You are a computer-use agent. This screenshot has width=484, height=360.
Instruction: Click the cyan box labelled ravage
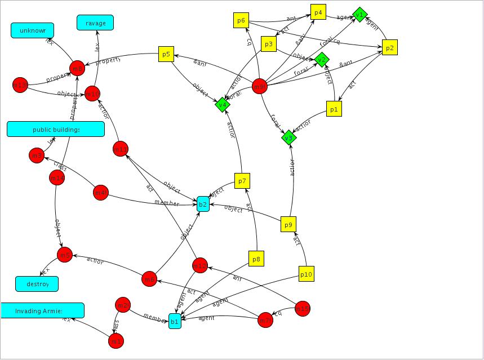[x=95, y=23]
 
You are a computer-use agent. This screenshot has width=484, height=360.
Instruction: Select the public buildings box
[x=56, y=129]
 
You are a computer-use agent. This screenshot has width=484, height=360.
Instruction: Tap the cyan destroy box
[x=37, y=284]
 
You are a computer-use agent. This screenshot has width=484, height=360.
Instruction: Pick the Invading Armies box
[x=42, y=310]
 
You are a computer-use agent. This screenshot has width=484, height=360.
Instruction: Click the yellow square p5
[x=166, y=54]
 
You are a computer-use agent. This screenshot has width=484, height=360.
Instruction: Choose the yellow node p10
[x=306, y=274]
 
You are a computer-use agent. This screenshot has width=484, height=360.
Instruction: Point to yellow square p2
[x=389, y=48]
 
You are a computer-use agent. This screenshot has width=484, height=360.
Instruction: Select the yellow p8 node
[x=256, y=259]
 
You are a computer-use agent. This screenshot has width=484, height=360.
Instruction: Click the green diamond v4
[x=223, y=104]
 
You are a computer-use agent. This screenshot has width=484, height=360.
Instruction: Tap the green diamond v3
[x=288, y=137]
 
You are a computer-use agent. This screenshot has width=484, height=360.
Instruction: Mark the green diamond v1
[x=359, y=14]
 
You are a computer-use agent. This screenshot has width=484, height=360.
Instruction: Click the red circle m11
[x=121, y=149]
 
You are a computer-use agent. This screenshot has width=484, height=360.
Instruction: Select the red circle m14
[x=57, y=178]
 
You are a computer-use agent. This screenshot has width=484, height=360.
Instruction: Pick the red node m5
[x=65, y=255]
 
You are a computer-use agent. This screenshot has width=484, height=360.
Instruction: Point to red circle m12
[x=200, y=265]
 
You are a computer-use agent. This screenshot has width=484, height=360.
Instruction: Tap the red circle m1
[x=116, y=341]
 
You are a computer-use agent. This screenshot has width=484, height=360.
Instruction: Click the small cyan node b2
[x=203, y=204]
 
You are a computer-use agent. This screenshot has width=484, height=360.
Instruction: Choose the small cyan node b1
[x=175, y=322]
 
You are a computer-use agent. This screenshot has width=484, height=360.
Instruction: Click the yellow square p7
[x=242, y=181]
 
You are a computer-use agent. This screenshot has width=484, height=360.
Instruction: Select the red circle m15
[x=303, y=308]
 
